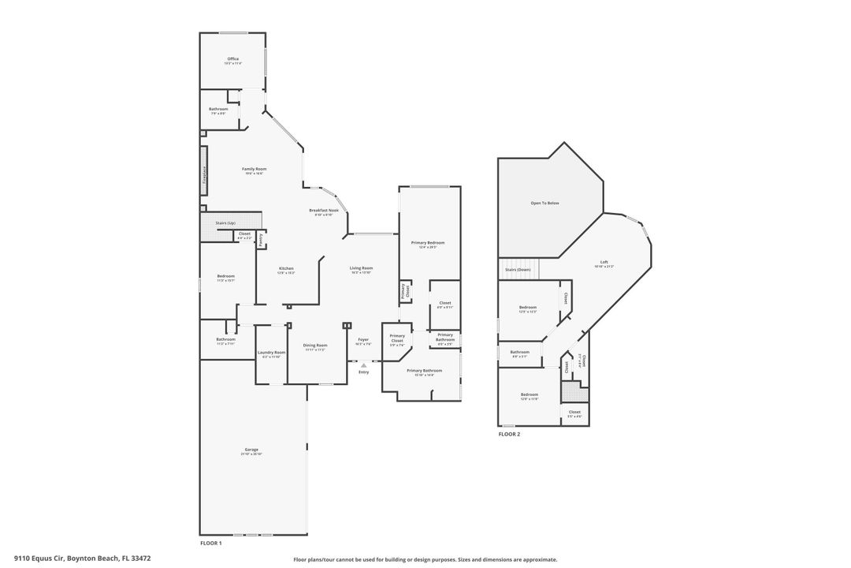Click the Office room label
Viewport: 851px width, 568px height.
(x=232, y=59)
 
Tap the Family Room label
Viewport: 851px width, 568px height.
(x=254, y=169)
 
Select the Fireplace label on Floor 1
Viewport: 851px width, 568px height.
(x=205, y=174)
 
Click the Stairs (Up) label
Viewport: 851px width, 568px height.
(x=225, y=223)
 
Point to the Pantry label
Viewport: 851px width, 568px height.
(x=261, y=240)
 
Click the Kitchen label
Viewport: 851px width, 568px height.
(x=286, y=269)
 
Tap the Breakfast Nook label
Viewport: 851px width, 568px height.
(x=324, y=211)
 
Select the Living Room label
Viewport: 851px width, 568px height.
(x=361, y=268)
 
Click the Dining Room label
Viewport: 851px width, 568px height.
(x=315, y=346)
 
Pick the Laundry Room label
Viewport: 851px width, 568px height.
(x=270, y=353)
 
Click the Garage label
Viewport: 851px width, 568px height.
(x=251, y=450)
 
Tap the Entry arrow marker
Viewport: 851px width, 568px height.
(x=363, y=365)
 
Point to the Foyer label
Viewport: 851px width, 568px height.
(x=363, y=340)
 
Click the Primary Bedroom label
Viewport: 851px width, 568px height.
(x=428, y=243)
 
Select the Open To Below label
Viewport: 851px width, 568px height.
(x=544, y=204)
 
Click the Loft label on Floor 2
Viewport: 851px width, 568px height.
(x=604, y=263)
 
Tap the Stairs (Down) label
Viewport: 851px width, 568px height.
(x=518, y=270)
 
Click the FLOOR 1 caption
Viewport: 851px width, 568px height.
(x=210, y=544)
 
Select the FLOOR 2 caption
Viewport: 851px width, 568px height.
(x=508, y=434)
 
